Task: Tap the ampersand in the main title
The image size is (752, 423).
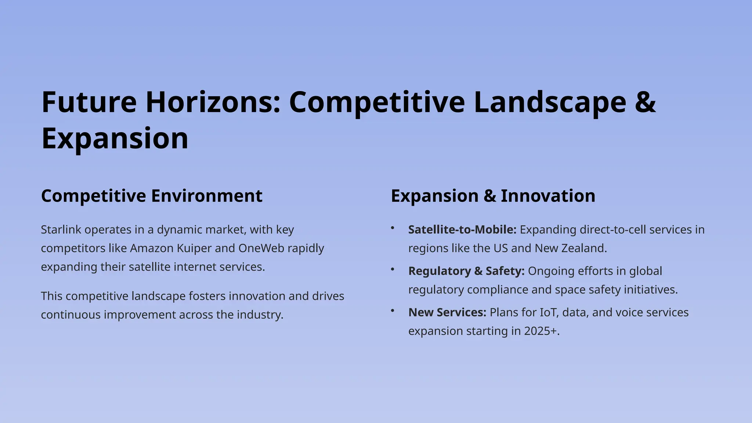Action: pyautogui.click(x=645, y=102)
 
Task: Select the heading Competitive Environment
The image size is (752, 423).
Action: pyautogui.click(x=152, y=196)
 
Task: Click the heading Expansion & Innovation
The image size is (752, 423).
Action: pyautogui.click(x=493, y=196)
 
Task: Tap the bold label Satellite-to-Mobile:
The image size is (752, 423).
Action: pyautogui.click(x=462, y=230)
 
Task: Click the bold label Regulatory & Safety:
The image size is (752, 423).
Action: pyautogui.click(x=466, y=271)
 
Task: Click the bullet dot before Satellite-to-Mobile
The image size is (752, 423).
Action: pyautogui.click(x=393, y=228)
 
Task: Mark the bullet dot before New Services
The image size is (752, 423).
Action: pyautogui.click(x=393, y=311)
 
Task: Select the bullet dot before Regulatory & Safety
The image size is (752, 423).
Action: pyautogui.click(x=393, y=270)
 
